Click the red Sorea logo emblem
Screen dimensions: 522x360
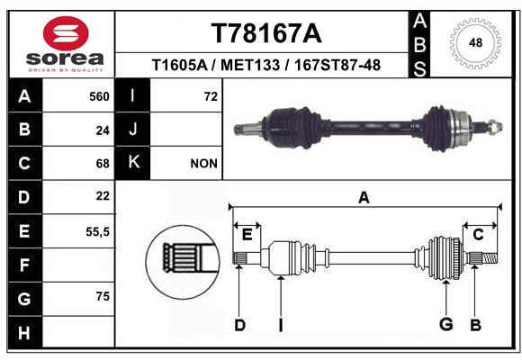[x=66, y=33]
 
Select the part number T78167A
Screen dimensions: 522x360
[x=266, y=33]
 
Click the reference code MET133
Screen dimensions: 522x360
[x=250, y=65]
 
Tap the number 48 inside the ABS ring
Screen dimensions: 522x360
[x=475, y=42]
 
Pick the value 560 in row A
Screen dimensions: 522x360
[x=99, y=96]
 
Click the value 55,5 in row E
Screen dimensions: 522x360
[x=97, y=231]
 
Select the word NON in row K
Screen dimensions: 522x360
[x=203, y=164]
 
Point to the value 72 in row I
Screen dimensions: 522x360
[x=211, y=96]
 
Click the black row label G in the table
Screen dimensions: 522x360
[x=25, y=299]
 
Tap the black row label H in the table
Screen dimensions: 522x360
[x=25, y=332]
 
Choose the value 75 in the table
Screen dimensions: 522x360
[x=103, y=296]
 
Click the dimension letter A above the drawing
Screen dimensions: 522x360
[x=364, y=198]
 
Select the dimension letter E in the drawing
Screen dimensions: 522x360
[x=247, y=235]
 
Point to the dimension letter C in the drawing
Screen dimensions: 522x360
[x=478, y=235]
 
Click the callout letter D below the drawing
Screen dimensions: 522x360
[x=239, y=325]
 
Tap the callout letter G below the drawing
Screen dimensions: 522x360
[x=446, y=324]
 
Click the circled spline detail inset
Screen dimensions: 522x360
[x=183, y=262]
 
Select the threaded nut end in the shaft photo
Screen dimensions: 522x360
[x=495, y=127]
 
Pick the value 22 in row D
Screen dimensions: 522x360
[x=103, y=196]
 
